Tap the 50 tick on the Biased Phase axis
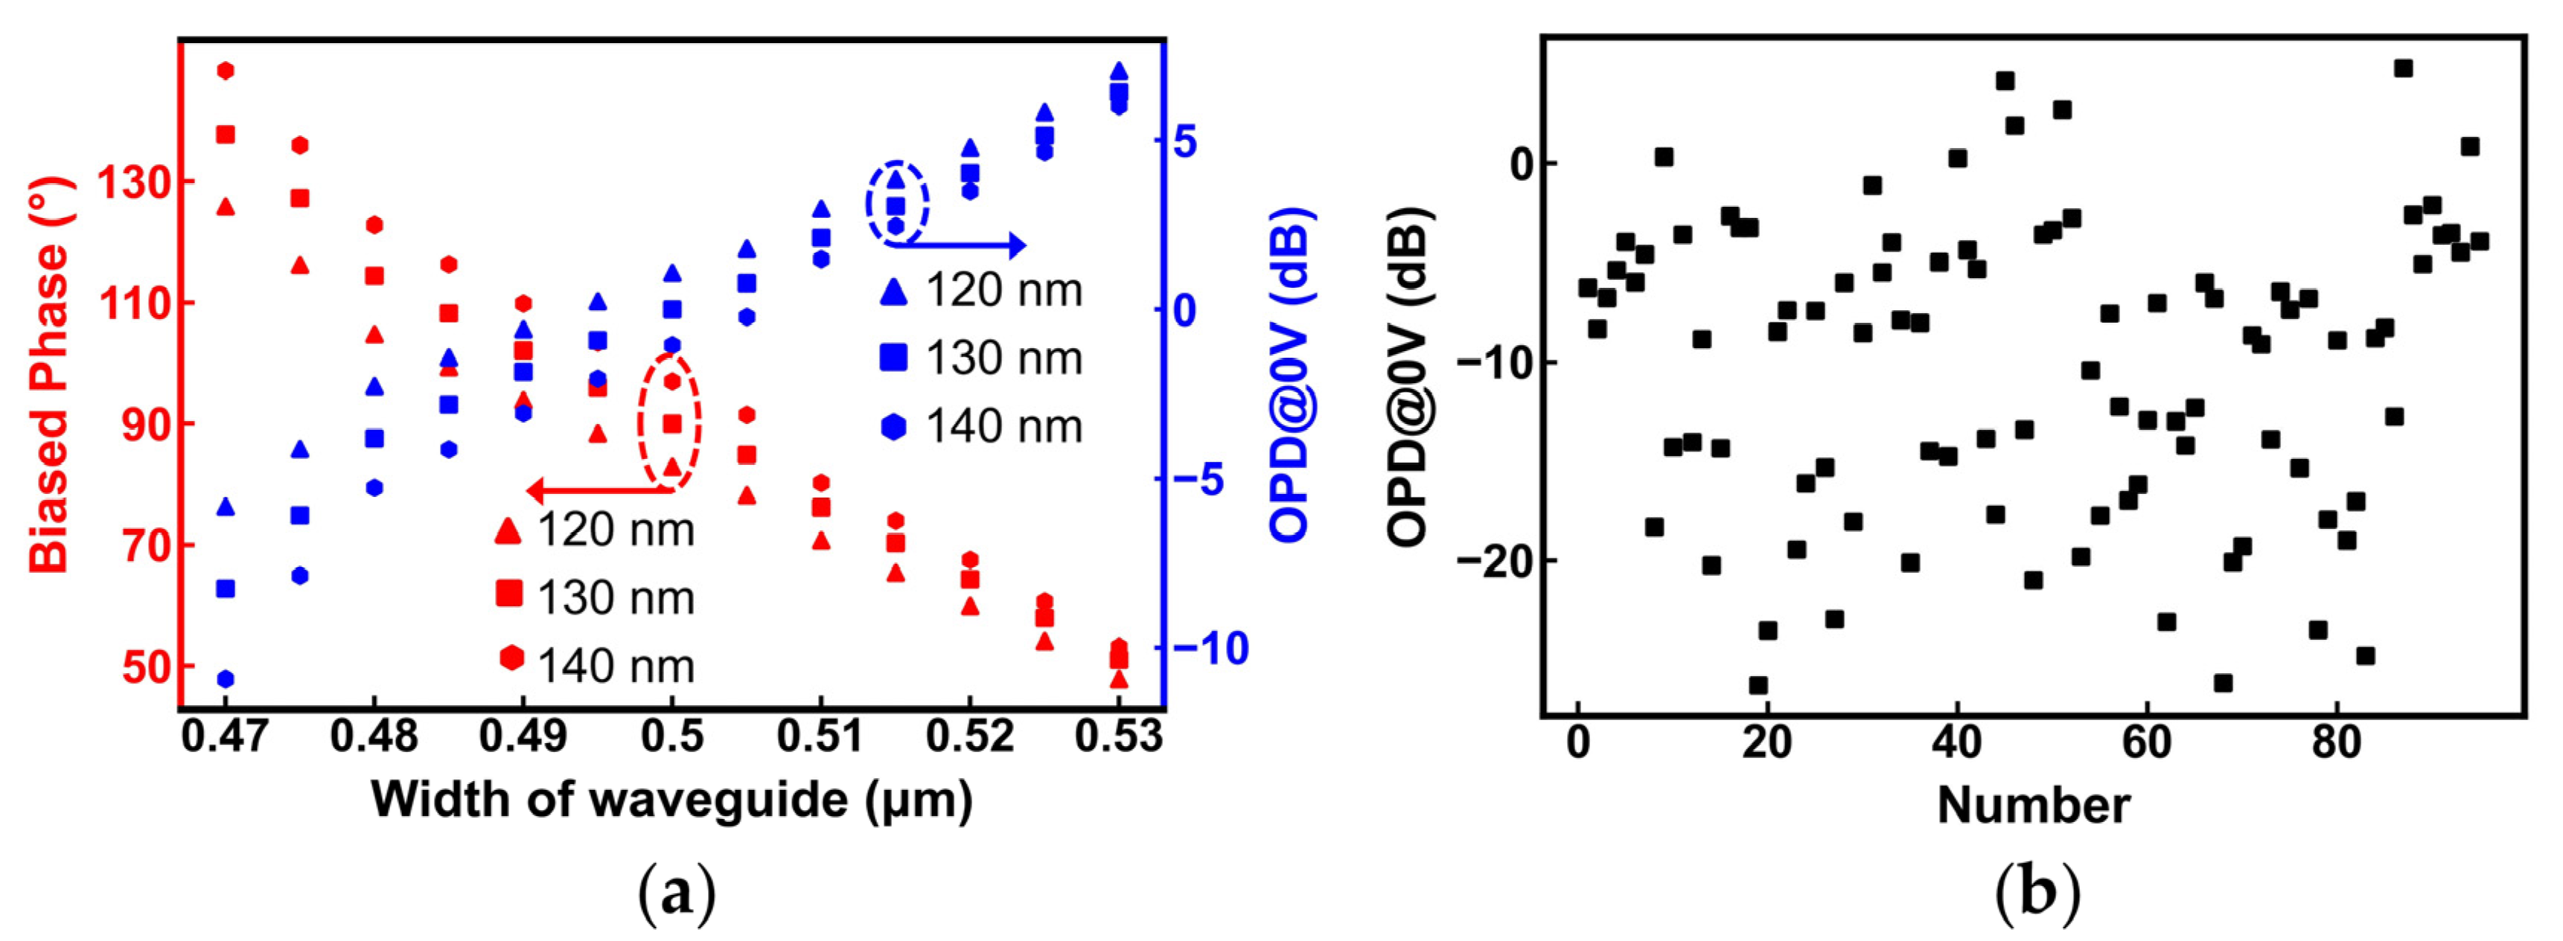coord(147,667)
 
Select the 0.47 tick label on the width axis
coord(225,737)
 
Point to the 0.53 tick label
coord(1118,737)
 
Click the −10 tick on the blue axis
coord(1210,649)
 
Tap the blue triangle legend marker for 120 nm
coord(893,290)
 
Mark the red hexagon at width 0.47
coord(226,71)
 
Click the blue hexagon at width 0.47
coord(226,678)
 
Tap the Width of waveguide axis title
coord(671,800)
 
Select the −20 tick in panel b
coord(1493,561)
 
